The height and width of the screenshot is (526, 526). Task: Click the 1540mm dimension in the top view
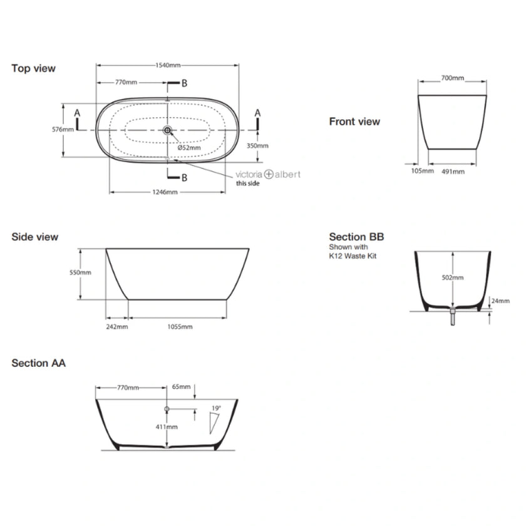tap(168, 65)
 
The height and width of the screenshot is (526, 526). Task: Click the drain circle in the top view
tap(168, 130)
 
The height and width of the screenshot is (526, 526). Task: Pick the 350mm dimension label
tap(258, 145)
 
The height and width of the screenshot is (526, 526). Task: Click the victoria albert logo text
tap(267, 174)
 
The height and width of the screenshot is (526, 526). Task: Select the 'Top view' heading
tap(33, 68)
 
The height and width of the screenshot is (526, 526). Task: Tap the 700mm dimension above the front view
tap(453, 78)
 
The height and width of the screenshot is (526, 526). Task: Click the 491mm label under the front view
tap(453, 171)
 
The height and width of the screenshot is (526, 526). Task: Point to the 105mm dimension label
tap(423, 171)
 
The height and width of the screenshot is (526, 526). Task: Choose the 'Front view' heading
tap(354, 121)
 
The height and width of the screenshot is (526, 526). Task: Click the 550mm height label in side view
tap(81, 273)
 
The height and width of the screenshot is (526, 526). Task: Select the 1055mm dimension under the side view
tap(178, 326)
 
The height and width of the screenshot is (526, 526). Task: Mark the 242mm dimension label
tap(118, 326)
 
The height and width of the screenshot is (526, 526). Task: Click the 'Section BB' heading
tap(356, 237)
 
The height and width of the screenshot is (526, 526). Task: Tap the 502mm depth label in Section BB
tap(453, 277)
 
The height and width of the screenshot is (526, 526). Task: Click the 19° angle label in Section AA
tap(216, 408)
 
